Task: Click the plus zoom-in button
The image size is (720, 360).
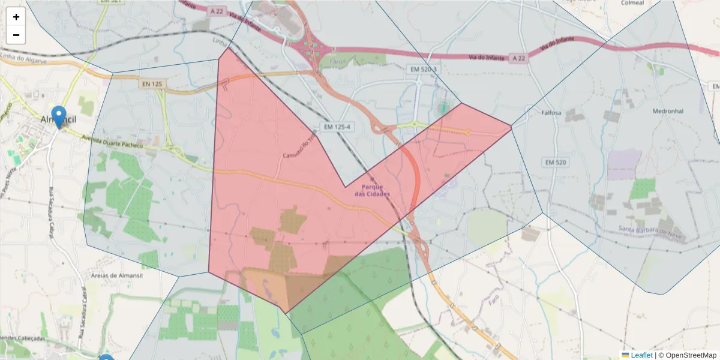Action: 16,17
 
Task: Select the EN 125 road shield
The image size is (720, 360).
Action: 152,84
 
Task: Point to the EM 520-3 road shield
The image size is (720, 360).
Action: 425,70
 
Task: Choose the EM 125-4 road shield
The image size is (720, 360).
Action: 336,127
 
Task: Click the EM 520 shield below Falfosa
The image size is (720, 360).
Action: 556,162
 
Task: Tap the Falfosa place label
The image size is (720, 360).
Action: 551,113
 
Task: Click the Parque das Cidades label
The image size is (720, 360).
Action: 372,190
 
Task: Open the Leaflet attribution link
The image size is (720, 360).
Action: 641,355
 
